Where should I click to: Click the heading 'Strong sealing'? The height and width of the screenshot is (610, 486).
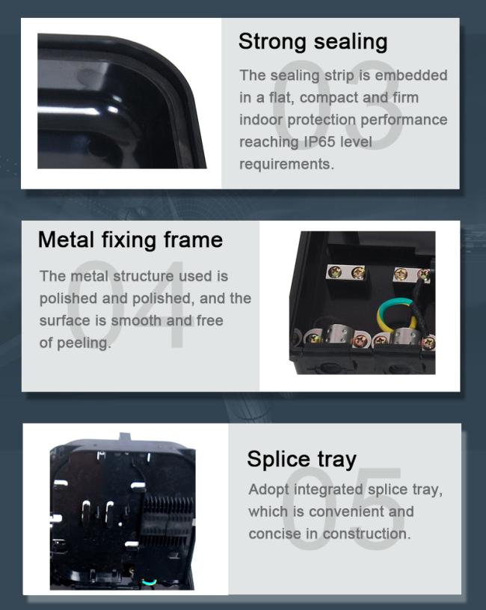click(313, 42)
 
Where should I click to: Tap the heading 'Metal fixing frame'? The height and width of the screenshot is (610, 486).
click(131, 240)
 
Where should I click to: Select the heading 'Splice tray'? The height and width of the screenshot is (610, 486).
click(301, 460)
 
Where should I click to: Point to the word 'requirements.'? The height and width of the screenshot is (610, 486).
click(286, 165)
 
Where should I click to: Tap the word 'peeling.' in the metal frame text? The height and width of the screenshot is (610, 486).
click(84, 343)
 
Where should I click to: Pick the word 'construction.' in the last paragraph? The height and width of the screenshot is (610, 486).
click(366, 534)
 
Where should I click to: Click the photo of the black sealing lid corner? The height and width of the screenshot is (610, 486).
click(122, 101)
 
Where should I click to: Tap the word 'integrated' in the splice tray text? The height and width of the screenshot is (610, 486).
click(328, 489)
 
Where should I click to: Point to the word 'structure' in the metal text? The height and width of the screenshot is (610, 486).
click(144, 276)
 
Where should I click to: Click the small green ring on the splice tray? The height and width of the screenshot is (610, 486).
click(150, 582)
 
